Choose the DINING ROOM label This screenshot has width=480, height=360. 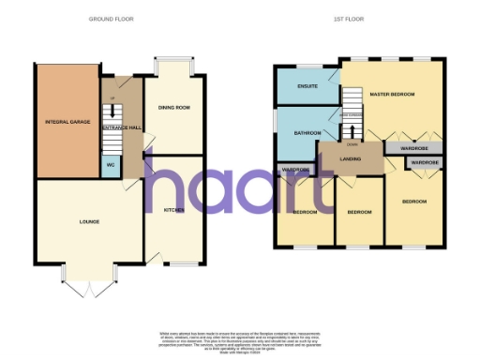[x=174, y=109]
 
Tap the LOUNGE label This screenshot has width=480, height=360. [x=90, y=221]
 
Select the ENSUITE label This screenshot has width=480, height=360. [x=306, y=87]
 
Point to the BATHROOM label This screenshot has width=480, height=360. [x=307, y=133]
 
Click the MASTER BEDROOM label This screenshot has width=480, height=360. [x=393, y=94]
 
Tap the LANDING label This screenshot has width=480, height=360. [x=351, y=158]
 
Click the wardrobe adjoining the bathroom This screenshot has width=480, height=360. [x=295, y=170]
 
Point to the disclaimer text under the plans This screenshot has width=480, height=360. [x=239, y=341]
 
